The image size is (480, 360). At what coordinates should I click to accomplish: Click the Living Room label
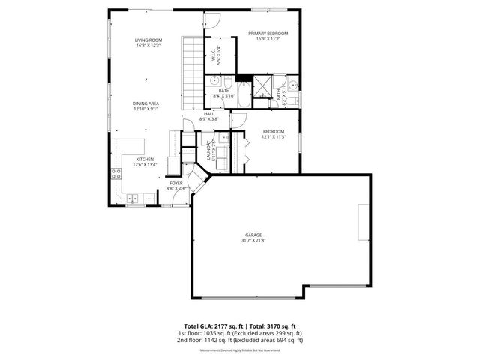point(148,40)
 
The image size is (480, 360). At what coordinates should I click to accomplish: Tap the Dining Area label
point(145,103)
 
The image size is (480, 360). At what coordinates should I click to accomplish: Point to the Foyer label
point(175,183)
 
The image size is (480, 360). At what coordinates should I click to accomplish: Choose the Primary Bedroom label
point(268,34)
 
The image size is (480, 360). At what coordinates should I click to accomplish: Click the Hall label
point(209,114)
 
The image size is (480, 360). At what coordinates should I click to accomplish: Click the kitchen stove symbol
point(117,175)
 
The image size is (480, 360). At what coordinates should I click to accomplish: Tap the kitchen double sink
point(133,199)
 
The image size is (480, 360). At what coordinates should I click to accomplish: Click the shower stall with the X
point(262,84)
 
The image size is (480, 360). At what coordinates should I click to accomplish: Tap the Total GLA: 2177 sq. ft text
point(214,326)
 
